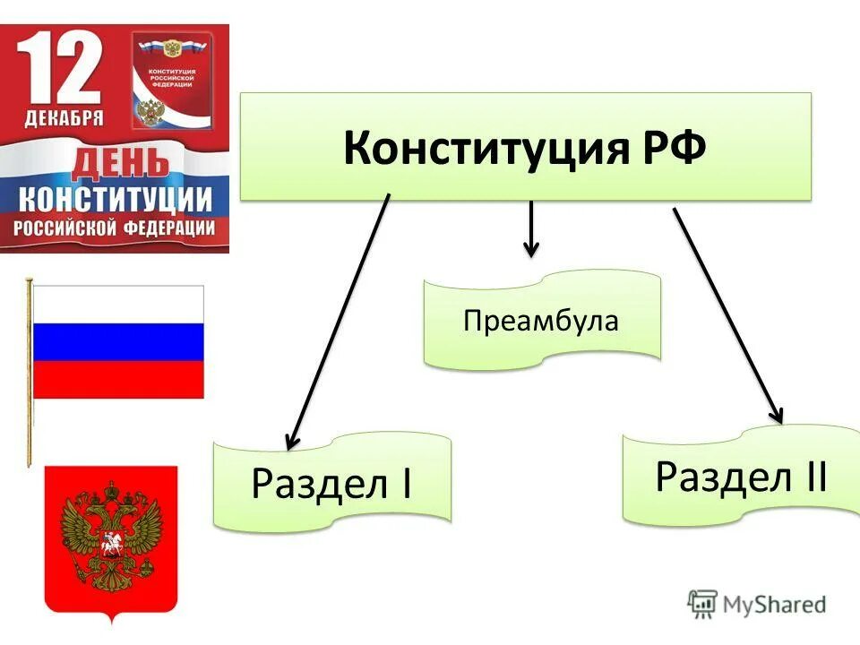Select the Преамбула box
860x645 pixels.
pos(541,321)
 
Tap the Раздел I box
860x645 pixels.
pos(331,484)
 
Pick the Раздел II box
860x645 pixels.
pos(741,477)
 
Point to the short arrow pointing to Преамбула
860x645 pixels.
pos(531,228)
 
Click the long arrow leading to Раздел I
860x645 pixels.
pos(338,322)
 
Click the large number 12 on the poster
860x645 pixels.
pos(61,71)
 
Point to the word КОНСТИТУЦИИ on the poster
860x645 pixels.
pos(116,198)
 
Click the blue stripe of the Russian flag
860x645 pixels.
pos(117,342)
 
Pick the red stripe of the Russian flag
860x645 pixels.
pos(117,380)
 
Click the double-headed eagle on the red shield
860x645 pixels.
pos(111,534)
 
